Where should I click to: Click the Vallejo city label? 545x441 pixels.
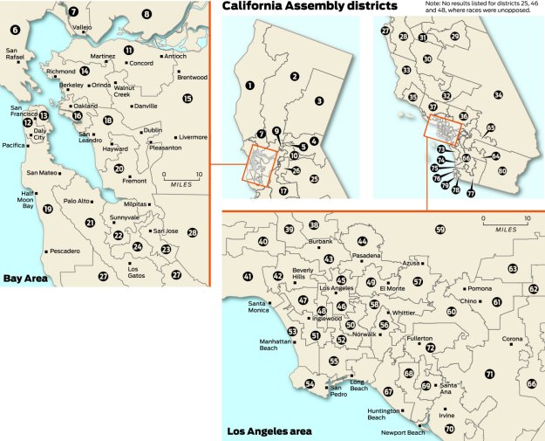click(82, 27)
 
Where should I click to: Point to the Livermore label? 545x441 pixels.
click(193, 137)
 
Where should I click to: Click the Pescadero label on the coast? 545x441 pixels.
click(65, 251)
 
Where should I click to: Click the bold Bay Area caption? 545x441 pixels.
click(25, 279)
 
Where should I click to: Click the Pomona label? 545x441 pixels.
click(480, 288)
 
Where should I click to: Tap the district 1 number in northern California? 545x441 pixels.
click(250, 85)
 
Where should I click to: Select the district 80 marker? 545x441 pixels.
click(502, 171)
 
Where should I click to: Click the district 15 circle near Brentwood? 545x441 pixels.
click(187, 99)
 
